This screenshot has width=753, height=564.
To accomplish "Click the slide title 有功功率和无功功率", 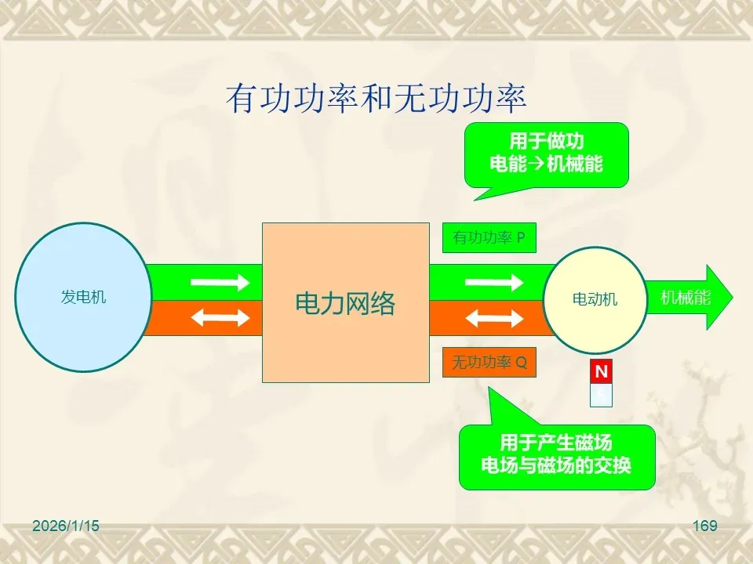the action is click(376, 99).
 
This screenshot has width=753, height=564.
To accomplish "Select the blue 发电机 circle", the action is click(83, 297).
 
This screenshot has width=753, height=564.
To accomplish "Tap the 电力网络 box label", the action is click(345, 303).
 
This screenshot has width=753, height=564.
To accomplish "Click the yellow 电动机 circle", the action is click(595, 299).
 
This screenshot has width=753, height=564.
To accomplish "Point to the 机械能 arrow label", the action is click(685, 298).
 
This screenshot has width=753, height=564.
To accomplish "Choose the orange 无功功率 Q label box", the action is click(489, 363).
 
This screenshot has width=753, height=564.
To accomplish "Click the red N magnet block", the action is click(601, 372).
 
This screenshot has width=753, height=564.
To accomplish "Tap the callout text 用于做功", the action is click(547, 141).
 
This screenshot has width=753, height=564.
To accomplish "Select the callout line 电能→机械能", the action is click(547, 164).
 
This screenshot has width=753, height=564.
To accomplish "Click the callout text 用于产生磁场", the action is click(556, 442).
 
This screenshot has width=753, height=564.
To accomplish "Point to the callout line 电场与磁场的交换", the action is click(556, 465).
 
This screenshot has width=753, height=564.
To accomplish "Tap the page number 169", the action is click(705, 526).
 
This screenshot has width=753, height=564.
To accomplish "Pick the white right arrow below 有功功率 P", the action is click(494, 282).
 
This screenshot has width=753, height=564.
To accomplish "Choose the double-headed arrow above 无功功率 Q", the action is click(494, 318).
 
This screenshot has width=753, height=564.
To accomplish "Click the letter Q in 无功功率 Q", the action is click(521, 363).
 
